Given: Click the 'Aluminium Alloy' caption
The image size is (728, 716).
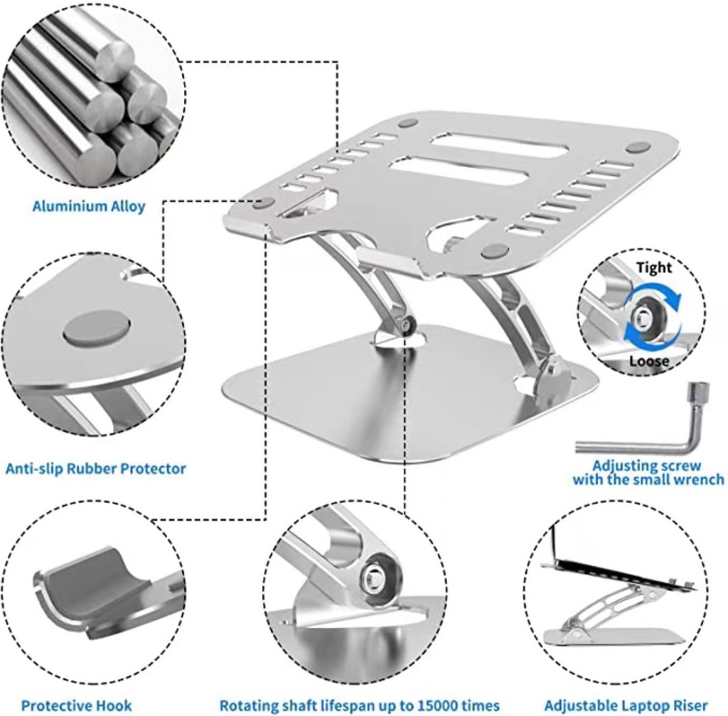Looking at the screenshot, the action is (x=89, y=207).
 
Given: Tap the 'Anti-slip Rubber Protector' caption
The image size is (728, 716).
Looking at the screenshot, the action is (x=96, y=469).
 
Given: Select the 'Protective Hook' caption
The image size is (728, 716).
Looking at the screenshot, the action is (x=77, y=706).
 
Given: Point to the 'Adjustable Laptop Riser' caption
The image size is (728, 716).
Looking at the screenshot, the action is (x=626, y=706).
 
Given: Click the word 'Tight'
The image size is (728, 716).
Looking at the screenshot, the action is (x=654, y=268).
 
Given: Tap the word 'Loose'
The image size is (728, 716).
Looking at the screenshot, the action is (x=649, y=362).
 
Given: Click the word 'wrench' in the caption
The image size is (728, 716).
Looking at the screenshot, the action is (x=700, y=479).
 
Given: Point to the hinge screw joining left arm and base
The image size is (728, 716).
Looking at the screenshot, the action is (x=408, y=325).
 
